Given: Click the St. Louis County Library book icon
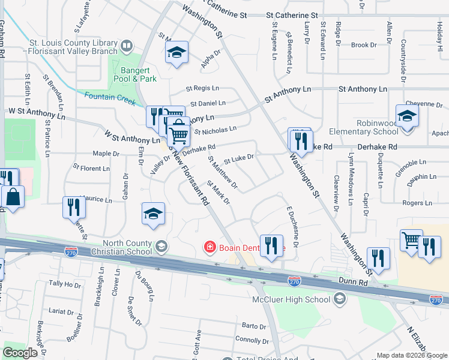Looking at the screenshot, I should tap(127, 46).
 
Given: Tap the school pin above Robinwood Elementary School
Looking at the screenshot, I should tap(406, 116).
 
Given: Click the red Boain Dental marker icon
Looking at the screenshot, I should tap(209, 246).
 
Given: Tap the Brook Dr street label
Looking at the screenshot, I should tap(363, 45).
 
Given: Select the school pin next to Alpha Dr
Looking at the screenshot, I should tap(176, 53).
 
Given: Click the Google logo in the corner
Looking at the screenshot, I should tap(20, 353).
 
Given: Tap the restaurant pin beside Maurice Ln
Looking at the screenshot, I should tap(73, 208).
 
